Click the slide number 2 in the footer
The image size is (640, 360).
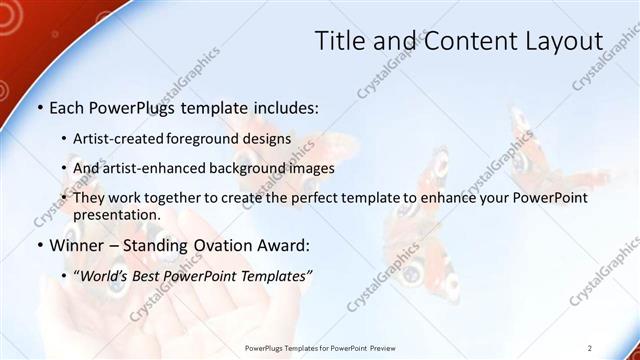(590, 347)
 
